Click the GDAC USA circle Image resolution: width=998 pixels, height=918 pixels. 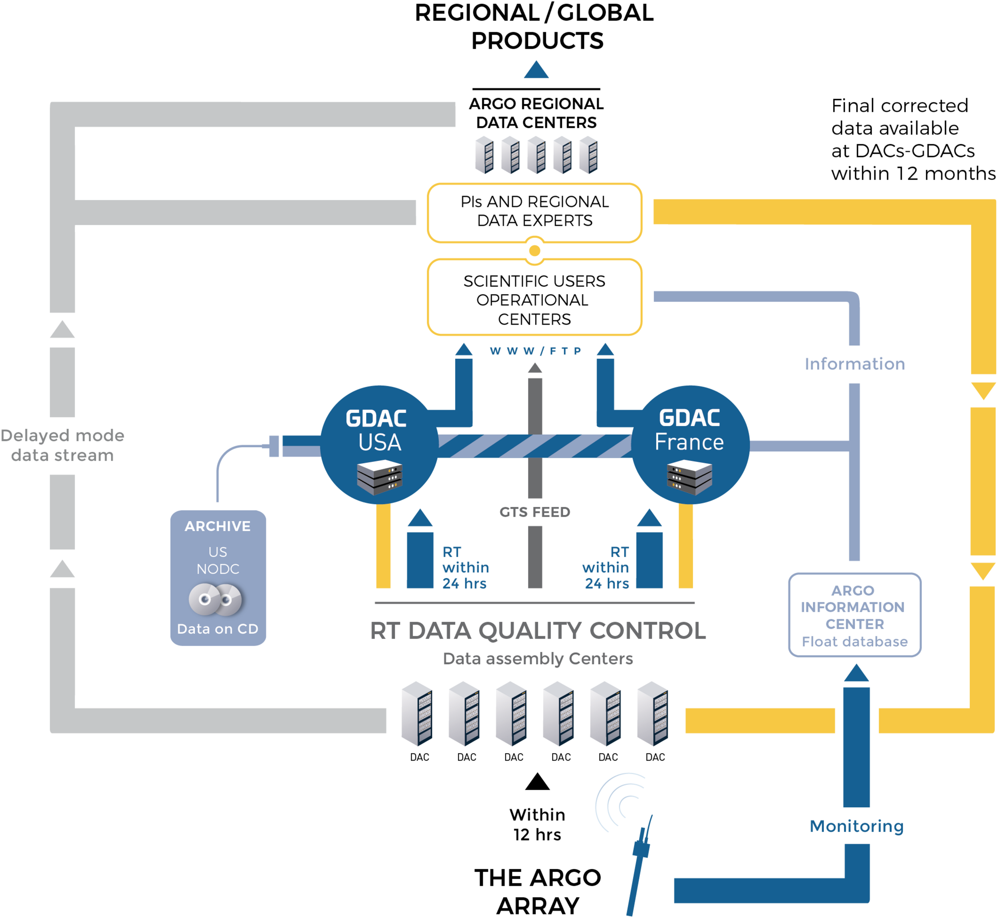coord(380,445)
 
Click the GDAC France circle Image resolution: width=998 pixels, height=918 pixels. coord(690,445)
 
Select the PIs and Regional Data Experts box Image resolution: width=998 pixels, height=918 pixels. coord(535,213)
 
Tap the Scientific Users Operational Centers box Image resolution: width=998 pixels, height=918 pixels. coord(535,297)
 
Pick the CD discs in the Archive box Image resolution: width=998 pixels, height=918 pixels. coord(215,599)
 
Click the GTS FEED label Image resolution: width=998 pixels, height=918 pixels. coord(535,512)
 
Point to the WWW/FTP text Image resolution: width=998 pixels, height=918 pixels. coord(535,351)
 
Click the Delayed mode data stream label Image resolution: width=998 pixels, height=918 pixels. coord(62,445)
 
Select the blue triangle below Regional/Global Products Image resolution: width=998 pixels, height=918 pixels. coord(536,69)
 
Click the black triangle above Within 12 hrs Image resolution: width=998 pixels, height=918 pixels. coord(537,781)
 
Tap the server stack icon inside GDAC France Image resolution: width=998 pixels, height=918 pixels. coord(689,477)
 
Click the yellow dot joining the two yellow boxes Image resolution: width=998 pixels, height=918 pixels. coord(535,251)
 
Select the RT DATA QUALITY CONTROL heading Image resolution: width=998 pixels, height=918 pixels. coord(538,631)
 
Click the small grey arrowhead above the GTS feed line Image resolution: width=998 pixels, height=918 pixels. coord(535,368)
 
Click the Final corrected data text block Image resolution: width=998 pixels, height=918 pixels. coord(913,140)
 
